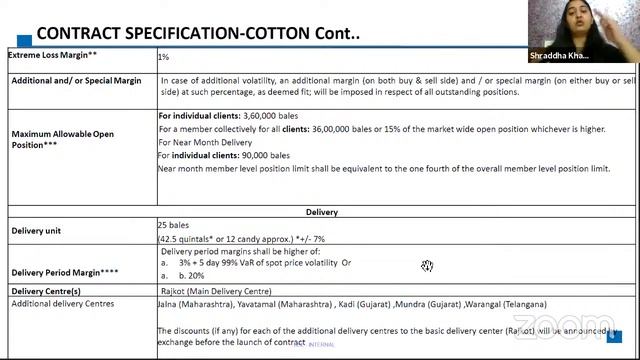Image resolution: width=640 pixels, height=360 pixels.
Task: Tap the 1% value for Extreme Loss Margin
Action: (x=163, y=58)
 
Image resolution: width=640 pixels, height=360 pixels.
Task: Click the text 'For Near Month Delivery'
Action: (x=205, y=142)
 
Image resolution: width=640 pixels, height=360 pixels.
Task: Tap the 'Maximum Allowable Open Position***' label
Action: (x=62, y=139)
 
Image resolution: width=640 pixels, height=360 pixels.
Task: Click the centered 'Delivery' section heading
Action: (x=322, y=212)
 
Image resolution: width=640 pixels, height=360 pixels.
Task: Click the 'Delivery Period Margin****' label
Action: (x=65, y=271)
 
